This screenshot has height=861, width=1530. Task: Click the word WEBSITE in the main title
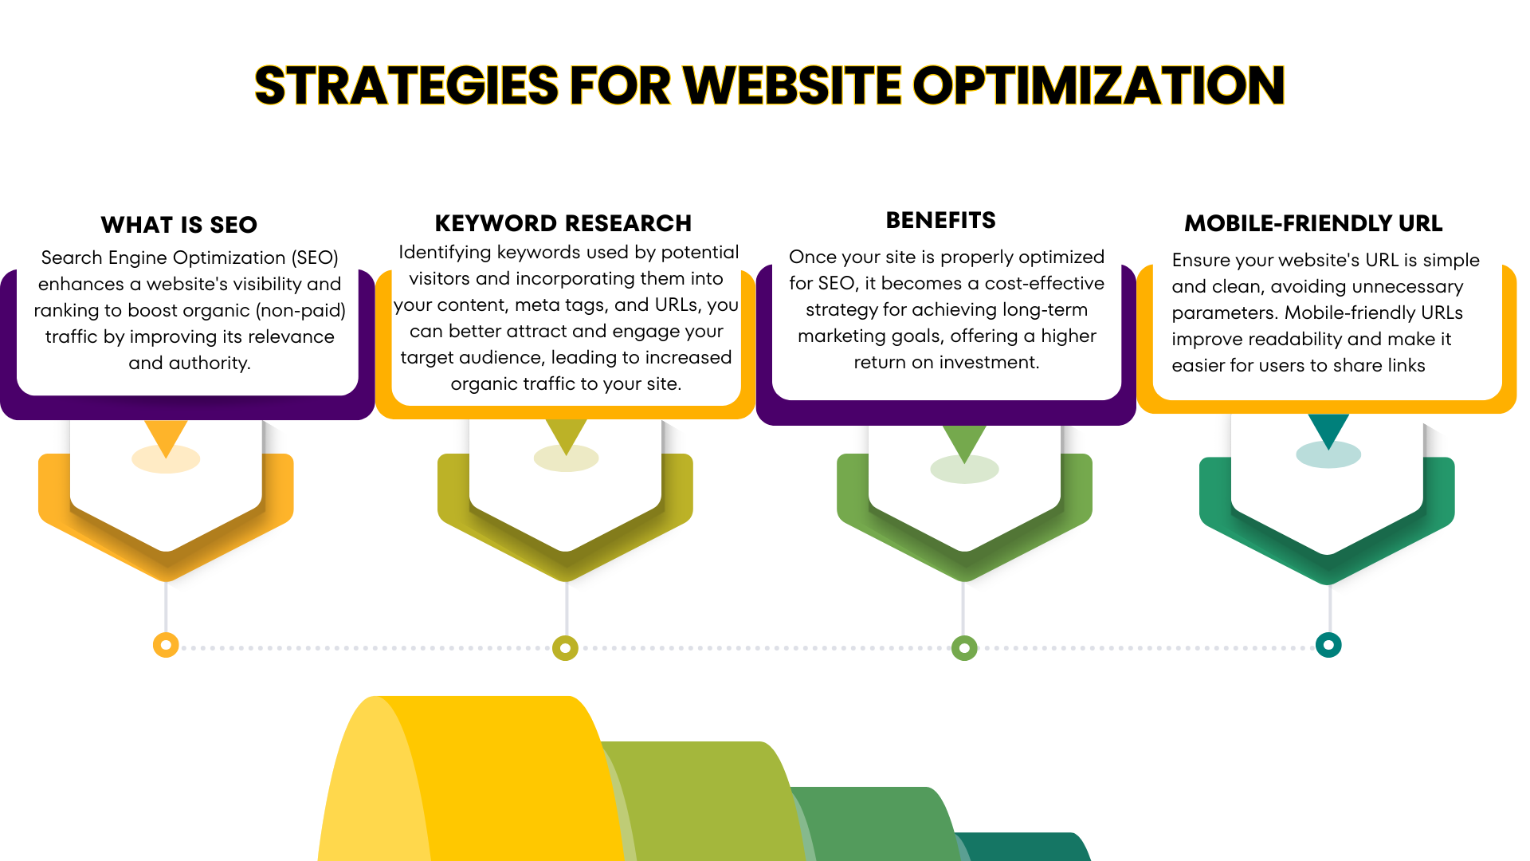(792, 85)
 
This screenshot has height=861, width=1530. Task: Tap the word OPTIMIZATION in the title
(1099, 85)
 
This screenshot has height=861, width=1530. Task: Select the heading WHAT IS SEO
(179, 225)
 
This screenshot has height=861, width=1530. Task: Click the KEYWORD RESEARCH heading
(563, 223)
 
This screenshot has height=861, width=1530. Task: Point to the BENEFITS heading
(941, 220)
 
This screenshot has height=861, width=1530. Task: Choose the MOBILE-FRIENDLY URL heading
(1313, 223)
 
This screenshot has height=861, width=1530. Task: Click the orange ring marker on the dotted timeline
(166, 645)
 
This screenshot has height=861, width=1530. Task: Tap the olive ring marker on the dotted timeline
(565, 648)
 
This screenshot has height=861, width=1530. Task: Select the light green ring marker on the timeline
(964, 648)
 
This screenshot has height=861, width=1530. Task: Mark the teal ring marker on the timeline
(1328, 645)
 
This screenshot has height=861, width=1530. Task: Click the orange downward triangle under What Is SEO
(166, 434)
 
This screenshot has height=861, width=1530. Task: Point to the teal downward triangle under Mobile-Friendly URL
(1328, 428)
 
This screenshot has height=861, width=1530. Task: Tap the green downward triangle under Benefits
(964, 440)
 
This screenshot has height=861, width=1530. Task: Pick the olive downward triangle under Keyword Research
(566, 433)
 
